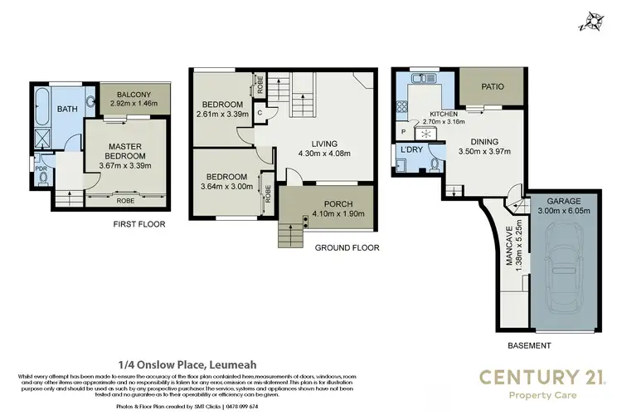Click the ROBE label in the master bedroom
[125, 200]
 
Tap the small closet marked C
[260, 113]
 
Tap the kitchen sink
[419, 79]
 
